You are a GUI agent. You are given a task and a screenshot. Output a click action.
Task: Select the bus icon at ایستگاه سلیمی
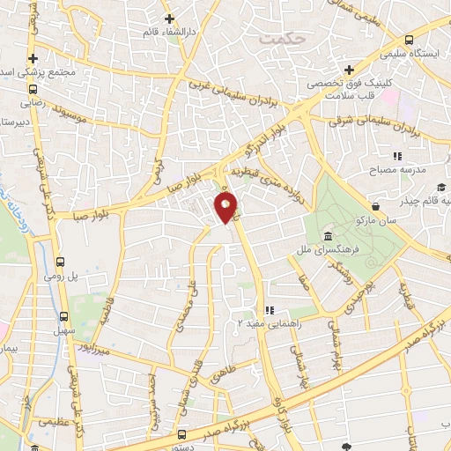(409, 40)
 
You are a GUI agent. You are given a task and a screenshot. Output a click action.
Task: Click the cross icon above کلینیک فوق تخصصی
(350, 70)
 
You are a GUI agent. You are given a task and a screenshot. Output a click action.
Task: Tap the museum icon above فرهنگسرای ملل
(327, 238)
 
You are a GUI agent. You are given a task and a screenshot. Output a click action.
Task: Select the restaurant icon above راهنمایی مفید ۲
(270, 310)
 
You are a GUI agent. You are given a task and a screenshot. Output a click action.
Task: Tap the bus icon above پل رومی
(61, 262)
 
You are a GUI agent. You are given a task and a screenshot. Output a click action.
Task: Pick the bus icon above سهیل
(63, 317)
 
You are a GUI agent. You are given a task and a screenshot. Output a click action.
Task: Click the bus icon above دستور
(182, 433)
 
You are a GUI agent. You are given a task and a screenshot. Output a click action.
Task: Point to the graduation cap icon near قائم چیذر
(440, 187)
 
